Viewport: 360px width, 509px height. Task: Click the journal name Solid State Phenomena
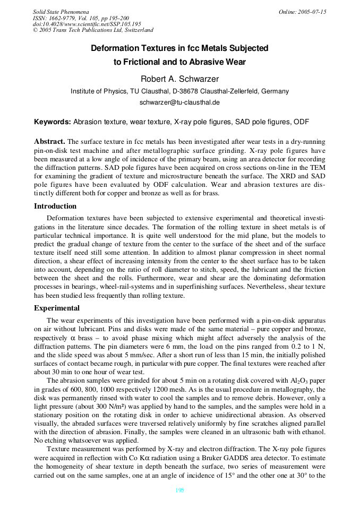point(61,12)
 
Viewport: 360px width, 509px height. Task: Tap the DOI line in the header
point(87,24)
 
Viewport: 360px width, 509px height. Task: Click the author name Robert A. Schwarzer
point(179,79)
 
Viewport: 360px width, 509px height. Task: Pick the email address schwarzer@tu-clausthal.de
point(179,102)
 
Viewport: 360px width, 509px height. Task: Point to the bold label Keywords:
point(53,122)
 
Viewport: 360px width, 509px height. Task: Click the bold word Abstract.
point(49,142)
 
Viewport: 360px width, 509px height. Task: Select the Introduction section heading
point(55,206)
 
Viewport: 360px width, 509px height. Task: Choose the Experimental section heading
point(57,308)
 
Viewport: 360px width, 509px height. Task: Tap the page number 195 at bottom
point(179,490)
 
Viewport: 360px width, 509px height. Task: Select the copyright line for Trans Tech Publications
point(93,30)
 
